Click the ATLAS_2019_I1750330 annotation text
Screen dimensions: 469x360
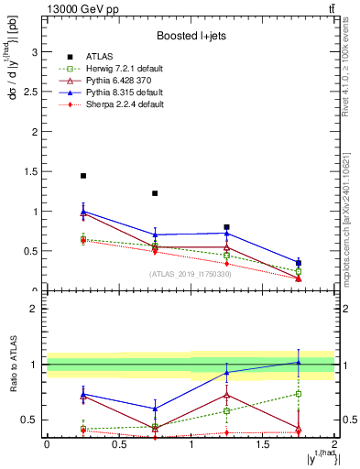point(190,274)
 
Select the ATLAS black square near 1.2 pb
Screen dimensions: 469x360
point(155,193)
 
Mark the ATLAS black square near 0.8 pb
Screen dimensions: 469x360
point(226,226)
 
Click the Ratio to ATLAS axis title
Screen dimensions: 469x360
point(13,365)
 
